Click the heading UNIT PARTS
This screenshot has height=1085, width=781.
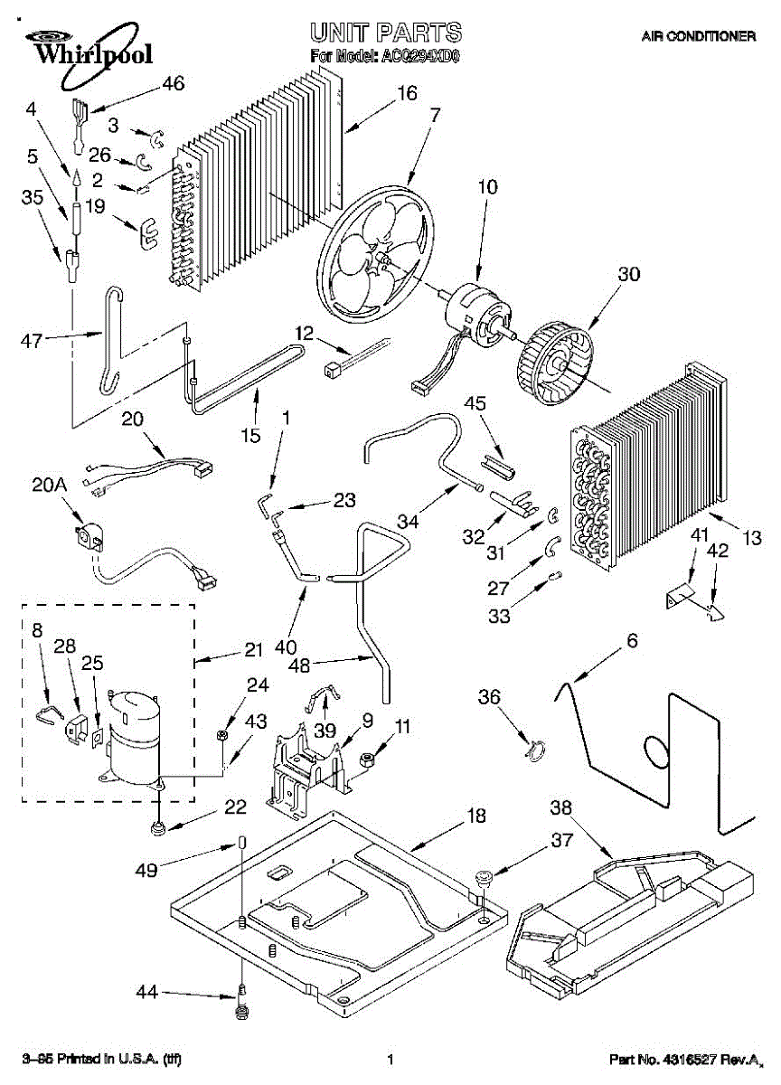tap(386, 33)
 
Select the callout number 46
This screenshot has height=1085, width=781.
tap(172, 84)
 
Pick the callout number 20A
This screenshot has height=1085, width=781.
tap(51, 486)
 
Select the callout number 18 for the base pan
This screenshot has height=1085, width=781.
tap(476, 816)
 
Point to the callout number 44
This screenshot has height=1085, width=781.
tap(146, 993)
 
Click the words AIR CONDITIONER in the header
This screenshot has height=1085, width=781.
tap(698, 37)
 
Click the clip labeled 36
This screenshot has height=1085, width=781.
tap(535, 750)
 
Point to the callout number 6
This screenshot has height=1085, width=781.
tap(632, 641)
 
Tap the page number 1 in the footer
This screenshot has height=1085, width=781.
tap(390, 1060)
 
